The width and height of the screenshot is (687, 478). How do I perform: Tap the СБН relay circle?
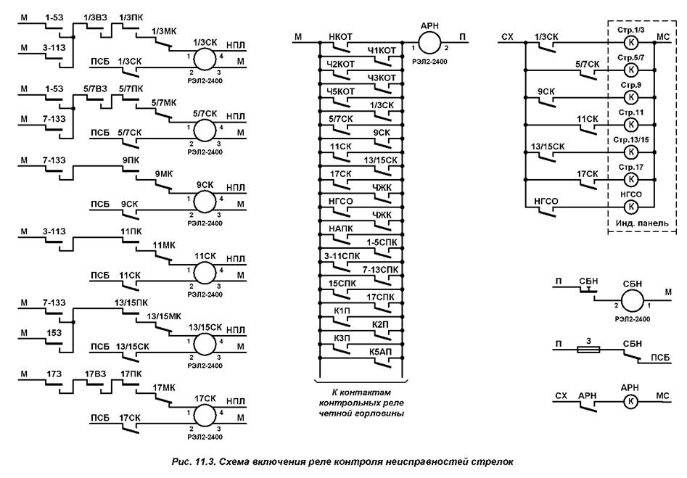[x=630, y=300]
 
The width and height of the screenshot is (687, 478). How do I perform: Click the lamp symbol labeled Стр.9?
[x=630, y=96]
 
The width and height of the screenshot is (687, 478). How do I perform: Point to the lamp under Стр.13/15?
[x=630, y=152]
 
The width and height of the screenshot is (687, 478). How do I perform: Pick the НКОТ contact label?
[x=340, y=36]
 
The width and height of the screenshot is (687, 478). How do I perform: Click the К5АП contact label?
[x=381, y=352]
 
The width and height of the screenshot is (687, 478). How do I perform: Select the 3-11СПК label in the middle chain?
[x=341, y=255]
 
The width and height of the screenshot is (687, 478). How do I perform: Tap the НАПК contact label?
[x=340, y=228]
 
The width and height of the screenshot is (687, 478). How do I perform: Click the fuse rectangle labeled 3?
[x=586, y=349]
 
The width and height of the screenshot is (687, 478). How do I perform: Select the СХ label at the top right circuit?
[x=508, y=36]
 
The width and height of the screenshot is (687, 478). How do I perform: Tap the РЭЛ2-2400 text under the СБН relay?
[x=630, y=319]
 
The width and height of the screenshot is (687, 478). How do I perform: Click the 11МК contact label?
[x=164, y=246]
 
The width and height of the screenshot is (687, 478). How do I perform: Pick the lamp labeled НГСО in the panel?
[x=630, y=207]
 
